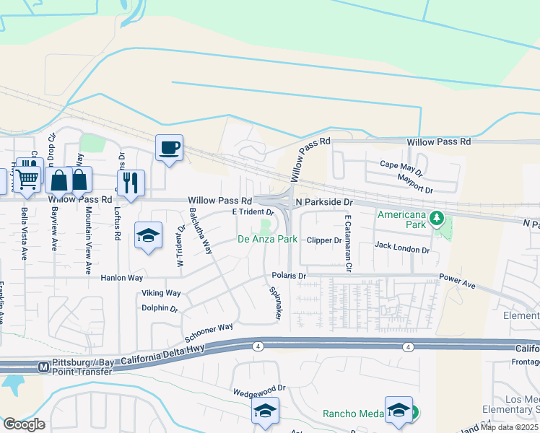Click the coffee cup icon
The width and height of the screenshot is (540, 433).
click(x=169, y=148)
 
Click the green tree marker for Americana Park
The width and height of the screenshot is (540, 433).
click(x=436, y=217)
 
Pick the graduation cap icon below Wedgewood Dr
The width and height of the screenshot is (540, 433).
click(x=265, y=411)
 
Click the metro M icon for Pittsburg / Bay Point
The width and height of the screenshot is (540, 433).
click(x=43, y=367)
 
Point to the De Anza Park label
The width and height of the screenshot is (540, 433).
click(x=268, y=239)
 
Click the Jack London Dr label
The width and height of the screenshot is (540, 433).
click(x=402, y=248)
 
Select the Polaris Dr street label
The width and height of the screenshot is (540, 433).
click(x=289, y=276)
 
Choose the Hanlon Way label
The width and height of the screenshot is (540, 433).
click(x=123, y=277)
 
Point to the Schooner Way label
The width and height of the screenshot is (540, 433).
click(x=209, y=333)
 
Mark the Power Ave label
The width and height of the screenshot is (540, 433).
click(x=457, y=281)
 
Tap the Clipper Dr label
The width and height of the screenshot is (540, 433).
click(x=323, y=240)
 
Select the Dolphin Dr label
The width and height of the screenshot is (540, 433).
click(x=160, y=308)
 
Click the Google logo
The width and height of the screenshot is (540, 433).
click(x=24, y=424)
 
